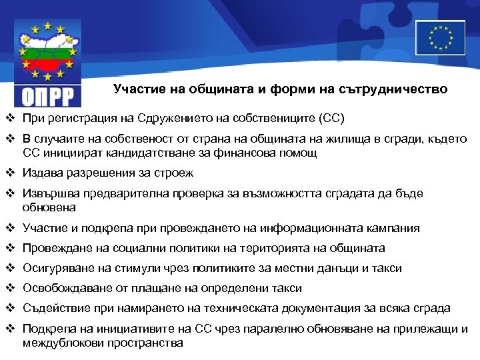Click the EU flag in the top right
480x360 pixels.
440,37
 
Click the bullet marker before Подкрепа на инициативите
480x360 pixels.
11,329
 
